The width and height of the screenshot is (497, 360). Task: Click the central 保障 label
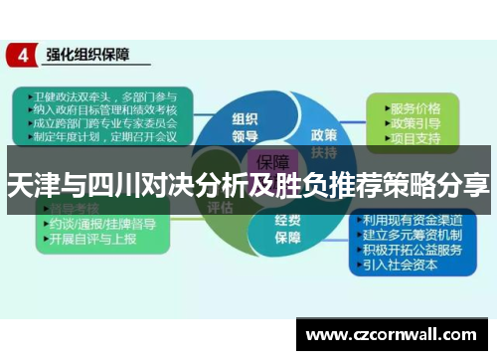[x=273, y=162]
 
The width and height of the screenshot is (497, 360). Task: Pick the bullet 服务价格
[x=414, y=107]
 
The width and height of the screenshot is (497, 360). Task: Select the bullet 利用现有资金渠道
[x=413, y=219]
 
